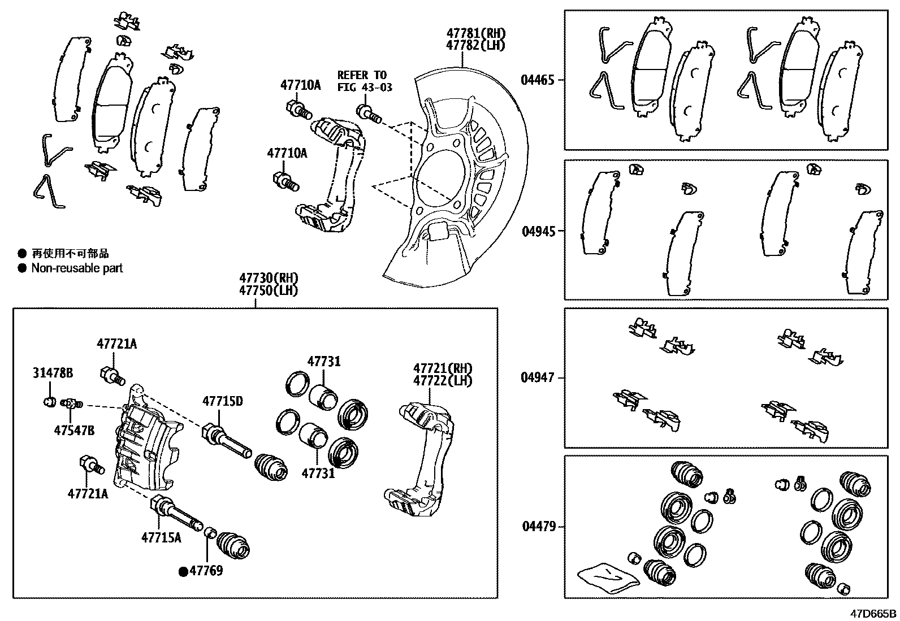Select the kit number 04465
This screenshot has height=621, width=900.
pos(537,80)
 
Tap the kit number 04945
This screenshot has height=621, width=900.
pos(537,231)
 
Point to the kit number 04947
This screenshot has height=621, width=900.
pos(537,377)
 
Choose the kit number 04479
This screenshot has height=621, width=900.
pos(537,527)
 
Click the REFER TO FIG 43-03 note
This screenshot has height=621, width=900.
pos(364,81)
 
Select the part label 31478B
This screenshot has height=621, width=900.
pos(52,374)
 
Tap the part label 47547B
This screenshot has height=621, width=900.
pos(74,431)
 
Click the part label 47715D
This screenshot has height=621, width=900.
pos(223,401)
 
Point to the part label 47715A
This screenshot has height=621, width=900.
pos(161,537)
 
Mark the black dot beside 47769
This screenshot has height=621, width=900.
pos(183,572)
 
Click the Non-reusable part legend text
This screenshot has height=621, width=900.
pos(77,268)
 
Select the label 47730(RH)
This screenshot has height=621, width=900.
pos(268,279)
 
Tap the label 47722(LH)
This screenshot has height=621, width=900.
pos(442,381)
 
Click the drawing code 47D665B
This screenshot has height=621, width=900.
pos(873,614)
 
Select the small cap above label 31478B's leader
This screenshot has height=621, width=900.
pos(49,402)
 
